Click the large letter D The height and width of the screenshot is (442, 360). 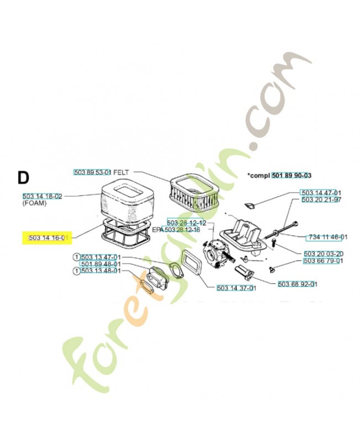[23, 178]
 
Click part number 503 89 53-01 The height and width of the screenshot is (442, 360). [93, 172]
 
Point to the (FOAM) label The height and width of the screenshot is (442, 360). [35, 204]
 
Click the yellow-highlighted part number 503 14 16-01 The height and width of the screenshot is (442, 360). [49, 238]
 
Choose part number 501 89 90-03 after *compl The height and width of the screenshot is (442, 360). [292, 175]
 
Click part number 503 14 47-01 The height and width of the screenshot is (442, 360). [320, 192]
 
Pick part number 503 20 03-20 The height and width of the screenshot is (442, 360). [323, 254]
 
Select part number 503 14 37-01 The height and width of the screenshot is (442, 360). [236, 288]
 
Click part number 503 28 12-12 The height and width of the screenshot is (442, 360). [186, 223]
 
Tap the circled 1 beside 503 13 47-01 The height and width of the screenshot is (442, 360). [76, 257]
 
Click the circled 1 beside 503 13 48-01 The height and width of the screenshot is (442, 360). [76, 271]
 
